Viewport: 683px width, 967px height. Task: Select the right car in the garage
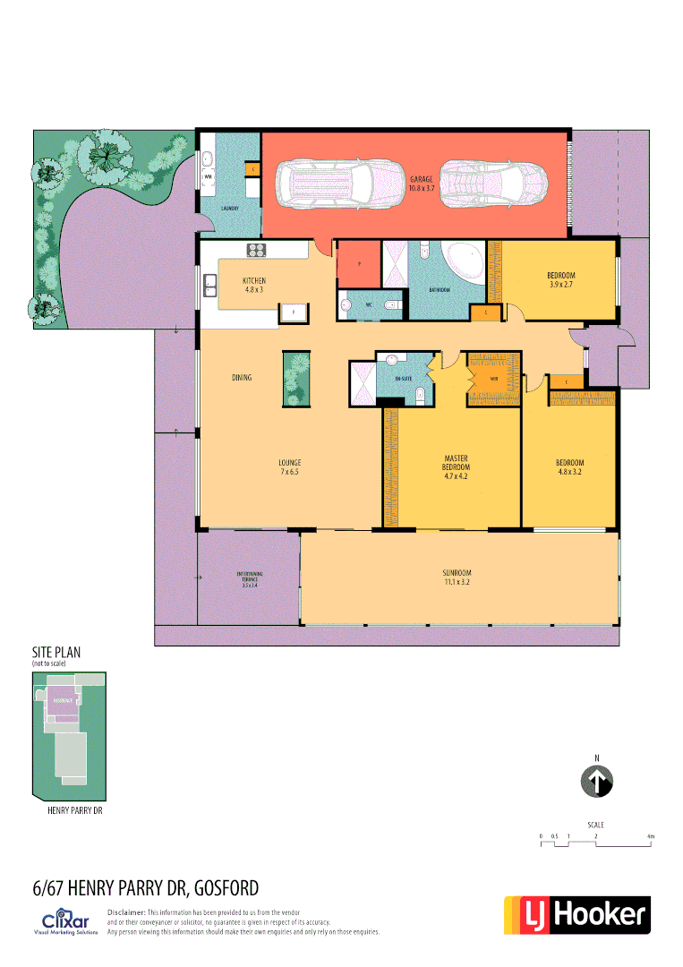pos(493,184)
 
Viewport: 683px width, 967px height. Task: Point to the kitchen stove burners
pos(256,250)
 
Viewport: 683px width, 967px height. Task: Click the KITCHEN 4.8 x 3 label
pos(254,285)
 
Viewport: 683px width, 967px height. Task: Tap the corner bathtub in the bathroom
pos(467,262)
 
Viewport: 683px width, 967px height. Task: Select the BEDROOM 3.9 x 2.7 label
pos(560,279)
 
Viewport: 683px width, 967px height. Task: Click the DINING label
pos(242,378)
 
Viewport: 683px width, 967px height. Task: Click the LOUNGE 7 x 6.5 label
pos(288,466)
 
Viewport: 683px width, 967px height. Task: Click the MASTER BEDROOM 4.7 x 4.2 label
pos(456,467)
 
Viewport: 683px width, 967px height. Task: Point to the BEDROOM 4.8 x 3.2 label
pos(570,466)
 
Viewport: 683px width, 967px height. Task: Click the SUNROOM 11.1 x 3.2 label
pos(457,577)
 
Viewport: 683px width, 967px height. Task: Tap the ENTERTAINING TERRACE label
pos(249,578)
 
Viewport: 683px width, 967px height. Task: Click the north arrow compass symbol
pos(596,780)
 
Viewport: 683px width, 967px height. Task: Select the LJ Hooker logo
pos(577,914)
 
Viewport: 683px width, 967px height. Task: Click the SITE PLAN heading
pos(56,655)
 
